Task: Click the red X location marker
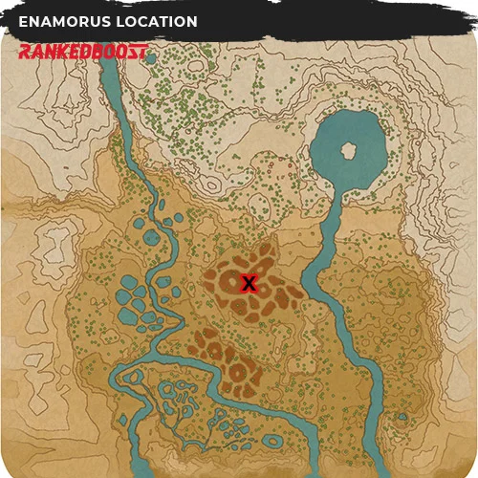(x=250, y=283)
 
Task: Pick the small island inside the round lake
(x=349, y=150)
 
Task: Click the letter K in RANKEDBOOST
(x=61, y=51)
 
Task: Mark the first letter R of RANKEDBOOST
(x=25, y=51)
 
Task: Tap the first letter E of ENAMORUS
(x=24, y=22)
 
